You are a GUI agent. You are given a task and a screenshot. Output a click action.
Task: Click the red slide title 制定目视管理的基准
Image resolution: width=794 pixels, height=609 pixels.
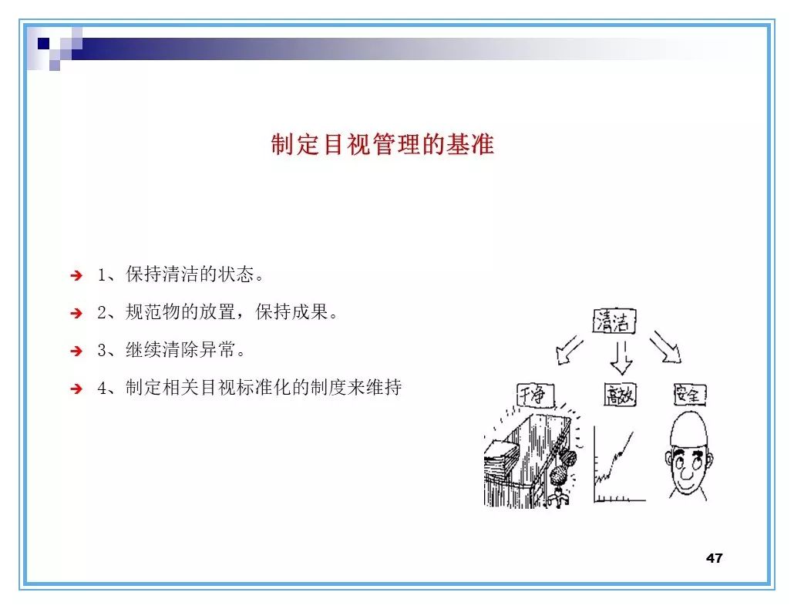click(x=382, y=144)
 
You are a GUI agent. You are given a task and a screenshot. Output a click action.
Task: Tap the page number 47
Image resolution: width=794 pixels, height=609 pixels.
click(x=714, y=557)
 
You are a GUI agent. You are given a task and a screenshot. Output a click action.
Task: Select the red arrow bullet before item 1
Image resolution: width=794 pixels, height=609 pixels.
click(x=76, y=275)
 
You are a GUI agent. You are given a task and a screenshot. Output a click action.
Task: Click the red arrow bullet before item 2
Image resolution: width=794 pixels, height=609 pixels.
click(x=76, y=313)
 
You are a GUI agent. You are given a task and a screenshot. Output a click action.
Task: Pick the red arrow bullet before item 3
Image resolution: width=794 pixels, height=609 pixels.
click(x=76, y=351)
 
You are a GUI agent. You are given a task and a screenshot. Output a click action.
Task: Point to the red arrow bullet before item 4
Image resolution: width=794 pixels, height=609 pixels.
click(x=76, y=389)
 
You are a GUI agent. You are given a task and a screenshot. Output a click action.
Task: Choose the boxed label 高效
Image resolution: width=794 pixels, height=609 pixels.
click(x=620, y=396)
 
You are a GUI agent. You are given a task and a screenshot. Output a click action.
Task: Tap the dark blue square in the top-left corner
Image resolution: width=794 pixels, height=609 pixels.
click(x=44, y=43)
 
